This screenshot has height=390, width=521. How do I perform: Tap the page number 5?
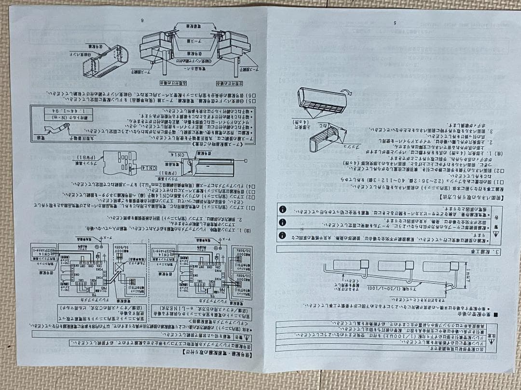[394, 23]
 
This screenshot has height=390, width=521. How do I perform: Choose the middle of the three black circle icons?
[283, 223]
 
